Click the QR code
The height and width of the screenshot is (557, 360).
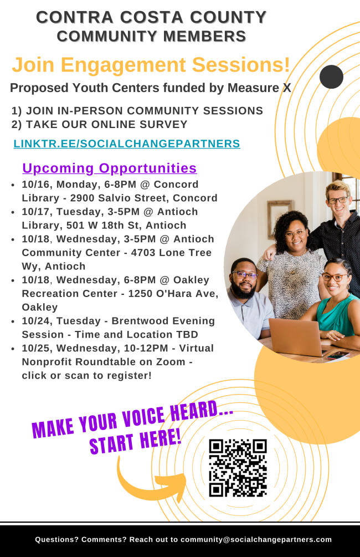[238, 467]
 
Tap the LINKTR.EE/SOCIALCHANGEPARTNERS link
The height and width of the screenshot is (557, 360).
[126, 144]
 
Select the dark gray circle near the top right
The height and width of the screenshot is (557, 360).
[331, 76]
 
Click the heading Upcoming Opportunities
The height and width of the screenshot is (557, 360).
[109, 168]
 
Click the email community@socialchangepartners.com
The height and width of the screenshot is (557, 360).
[256, 539]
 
